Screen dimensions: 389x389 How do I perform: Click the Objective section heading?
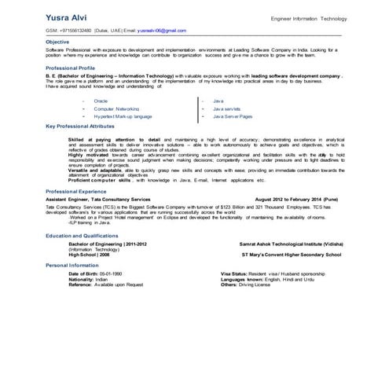pyautogui.click(x=57, y=41)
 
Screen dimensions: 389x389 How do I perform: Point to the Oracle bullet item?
pyautogui.click(x=101, y=101)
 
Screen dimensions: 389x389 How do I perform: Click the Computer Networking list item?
pyautogui.click(x=116, y=108)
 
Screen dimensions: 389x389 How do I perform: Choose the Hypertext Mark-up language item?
pyautogui.click(x=123, y=116)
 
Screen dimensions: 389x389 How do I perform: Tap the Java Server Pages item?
pyautogui.click(x=232, y=116)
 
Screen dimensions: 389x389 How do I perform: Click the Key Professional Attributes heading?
pyautogui.click(x=80, y=126)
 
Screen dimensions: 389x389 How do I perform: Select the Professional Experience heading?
pyautogui.click(x=76, y=192)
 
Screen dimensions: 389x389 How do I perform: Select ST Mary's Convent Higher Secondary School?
pyautogui.click(x=290, y=255)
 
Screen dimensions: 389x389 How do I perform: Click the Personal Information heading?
pyautogui.click(x=72, y=265)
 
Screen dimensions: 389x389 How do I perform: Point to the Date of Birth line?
pyautogui.click(x=94, y=273)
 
